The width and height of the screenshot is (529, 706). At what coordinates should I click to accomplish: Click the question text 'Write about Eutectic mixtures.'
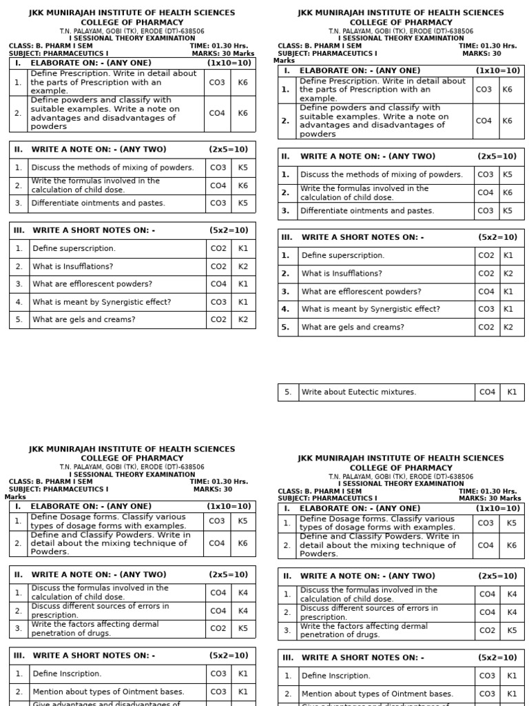click(x=358, y=392)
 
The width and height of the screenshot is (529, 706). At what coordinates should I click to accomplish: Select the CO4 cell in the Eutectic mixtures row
click(x=487, y=392)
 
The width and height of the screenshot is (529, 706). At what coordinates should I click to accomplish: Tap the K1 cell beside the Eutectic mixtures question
click(x=512, y=392)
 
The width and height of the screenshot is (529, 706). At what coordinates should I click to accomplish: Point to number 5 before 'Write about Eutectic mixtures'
click(x=288, y=392)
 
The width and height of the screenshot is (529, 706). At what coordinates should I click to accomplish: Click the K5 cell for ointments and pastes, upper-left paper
click(x=243, y=203)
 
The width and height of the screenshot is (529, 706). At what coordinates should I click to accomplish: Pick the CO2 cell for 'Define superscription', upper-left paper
click(x=218, y=248)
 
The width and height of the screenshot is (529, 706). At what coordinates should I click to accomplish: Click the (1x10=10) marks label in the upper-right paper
click(x=498, y=70)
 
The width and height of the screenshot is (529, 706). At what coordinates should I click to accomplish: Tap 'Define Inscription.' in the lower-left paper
click(x=67, y=674)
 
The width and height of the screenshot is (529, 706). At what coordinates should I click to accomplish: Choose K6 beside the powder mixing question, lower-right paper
click(x=512, y=545)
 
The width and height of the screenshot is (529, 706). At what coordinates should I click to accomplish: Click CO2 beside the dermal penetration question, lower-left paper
click(x=218, y=629)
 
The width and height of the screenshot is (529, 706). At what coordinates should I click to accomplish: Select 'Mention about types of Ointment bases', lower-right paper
click(x=377, y=694)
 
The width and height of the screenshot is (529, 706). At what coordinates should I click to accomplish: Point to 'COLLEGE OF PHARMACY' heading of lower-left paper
click(x=132, y=458)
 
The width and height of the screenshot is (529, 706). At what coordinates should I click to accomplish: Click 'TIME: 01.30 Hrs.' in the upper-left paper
click(x=218, y=46)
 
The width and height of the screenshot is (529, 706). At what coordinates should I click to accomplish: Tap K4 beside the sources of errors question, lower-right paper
click(x=512, y=612)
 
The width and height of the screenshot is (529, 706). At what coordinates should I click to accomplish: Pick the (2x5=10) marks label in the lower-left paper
click(x=229, y=574)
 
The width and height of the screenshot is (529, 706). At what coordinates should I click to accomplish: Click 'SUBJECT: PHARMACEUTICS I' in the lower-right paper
click(x=327, y=498)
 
